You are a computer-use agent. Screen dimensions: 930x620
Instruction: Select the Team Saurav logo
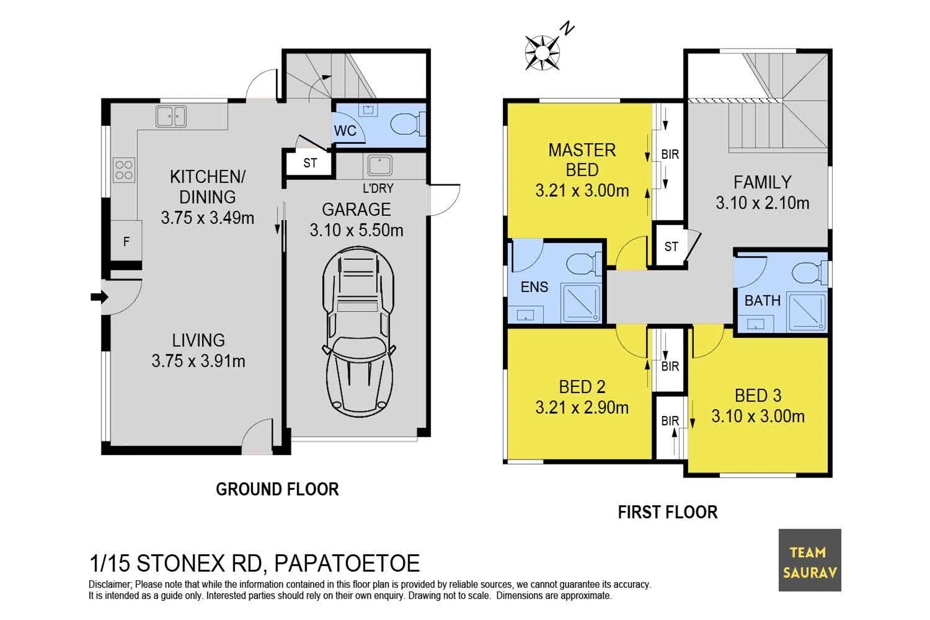click(x=809, y=560)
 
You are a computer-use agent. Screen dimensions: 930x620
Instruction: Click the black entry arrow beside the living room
click(x=99, y=297)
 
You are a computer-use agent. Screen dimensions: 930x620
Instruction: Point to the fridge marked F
click(x=126, y=241)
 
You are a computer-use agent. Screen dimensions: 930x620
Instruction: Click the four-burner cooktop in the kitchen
click(x=124, y=170)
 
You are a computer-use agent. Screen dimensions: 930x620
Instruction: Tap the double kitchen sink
click(x=171, y=116)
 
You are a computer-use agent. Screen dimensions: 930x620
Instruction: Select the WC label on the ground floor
click(x=345, y=130)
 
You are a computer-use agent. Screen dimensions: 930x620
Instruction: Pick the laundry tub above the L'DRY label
click(x=380, y=165)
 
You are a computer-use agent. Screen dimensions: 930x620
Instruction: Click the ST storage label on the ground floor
click(x=310, y=163)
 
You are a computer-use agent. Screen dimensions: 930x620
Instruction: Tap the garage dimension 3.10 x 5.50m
click(x=356, y=230)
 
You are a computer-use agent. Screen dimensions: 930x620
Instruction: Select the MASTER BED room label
click(x=582, y=160)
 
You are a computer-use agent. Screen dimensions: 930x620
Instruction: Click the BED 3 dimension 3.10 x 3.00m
click(x=758, y=416)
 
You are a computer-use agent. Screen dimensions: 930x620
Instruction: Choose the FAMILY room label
click(x=762, y=182)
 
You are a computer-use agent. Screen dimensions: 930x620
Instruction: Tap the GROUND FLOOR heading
click(x=278, y=489)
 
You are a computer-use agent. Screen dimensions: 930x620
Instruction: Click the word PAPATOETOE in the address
click(x=347, y=563)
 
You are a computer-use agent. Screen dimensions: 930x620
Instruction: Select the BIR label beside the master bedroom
click(x=670, y=154)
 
